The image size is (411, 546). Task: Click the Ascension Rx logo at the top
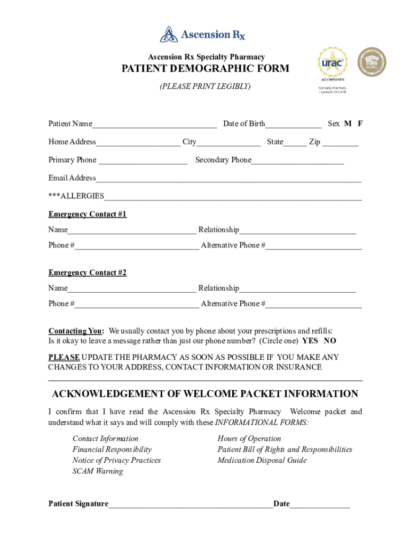203,35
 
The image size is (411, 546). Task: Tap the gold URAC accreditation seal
333,63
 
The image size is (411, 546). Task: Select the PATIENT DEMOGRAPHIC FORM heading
205,69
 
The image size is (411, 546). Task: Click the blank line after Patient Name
154,125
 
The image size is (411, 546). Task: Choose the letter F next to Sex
360,124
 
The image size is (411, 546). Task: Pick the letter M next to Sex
347,124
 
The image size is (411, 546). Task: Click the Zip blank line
340,143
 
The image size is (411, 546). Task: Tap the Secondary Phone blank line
297,161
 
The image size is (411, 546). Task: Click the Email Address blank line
228,179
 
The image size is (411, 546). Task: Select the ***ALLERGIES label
76,196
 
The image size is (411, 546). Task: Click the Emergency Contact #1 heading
88,214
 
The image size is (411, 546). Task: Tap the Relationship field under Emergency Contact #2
297,289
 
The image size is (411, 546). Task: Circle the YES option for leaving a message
310,341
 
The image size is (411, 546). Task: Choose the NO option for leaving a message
330,341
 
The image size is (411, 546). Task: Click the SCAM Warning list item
98,471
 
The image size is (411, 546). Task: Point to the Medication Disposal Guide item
262,460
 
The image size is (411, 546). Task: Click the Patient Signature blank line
191,504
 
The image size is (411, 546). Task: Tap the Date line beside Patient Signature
320,504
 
